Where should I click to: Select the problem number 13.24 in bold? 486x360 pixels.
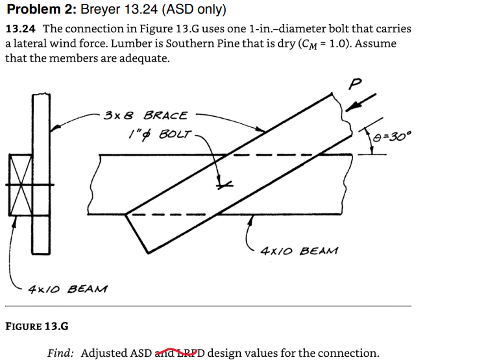[21, 29]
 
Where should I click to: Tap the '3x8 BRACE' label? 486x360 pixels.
[145, 116]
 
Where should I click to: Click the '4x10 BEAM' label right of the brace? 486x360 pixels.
[299, 250]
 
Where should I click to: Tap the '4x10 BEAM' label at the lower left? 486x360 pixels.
[69, 288]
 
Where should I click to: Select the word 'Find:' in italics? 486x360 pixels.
[60, 353]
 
